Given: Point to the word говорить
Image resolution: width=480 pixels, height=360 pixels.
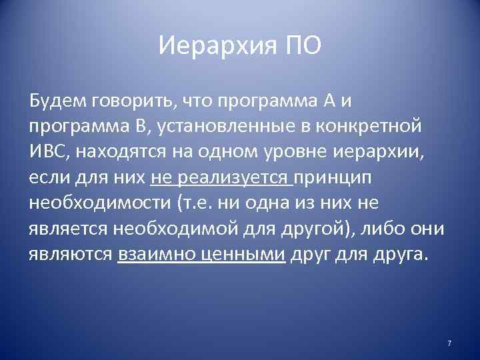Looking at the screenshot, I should click(134, 103).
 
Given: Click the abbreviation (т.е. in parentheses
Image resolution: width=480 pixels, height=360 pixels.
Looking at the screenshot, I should click(201, 202).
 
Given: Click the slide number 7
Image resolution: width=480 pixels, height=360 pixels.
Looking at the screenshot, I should click(449, 343).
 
